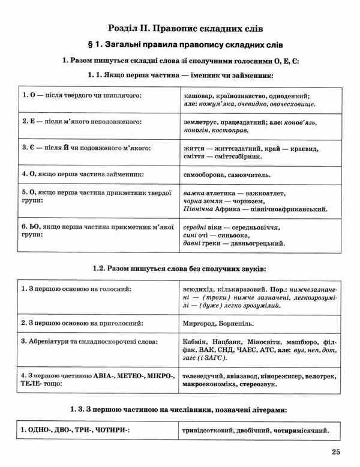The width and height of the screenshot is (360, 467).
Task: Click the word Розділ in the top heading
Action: [x=124, y=28]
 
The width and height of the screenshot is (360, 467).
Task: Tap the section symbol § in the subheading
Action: [x=92, y=44]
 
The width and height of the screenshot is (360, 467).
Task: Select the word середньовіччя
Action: [x=258, y=227]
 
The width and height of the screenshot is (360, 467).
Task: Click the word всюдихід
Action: [x=197, y=289]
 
